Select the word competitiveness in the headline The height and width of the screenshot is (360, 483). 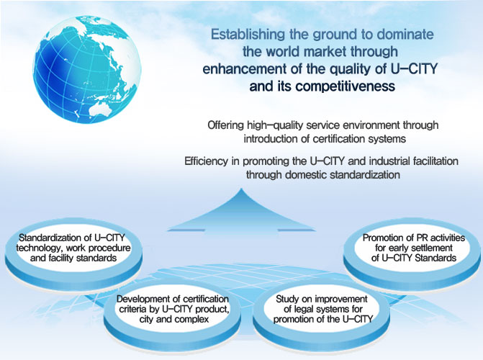pos(346,86)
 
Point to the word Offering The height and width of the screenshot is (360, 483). pos(225,125)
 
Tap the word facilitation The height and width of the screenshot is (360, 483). pos(435,161)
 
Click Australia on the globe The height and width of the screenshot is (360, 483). pos(101,109)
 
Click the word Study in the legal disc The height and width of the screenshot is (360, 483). pos(287,299)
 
